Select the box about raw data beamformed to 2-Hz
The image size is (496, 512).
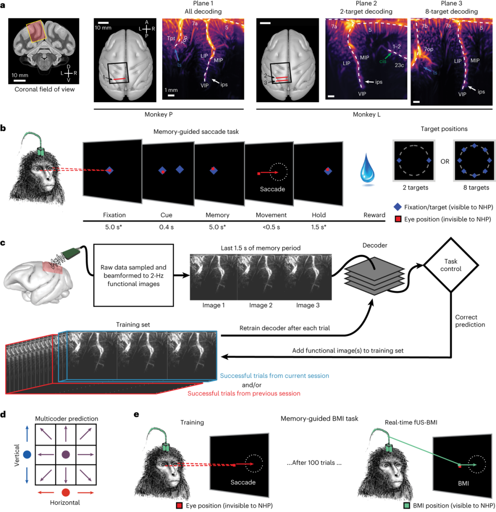pos(133,275)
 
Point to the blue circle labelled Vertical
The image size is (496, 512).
pos(27,455)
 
